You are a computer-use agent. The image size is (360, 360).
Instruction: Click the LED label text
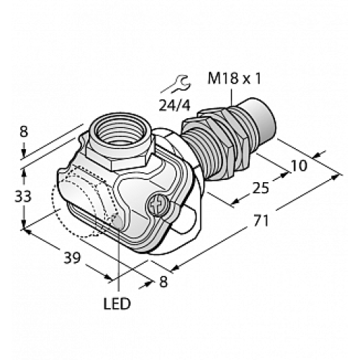tap(117, 305)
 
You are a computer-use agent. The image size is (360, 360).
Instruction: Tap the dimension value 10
tap(297, 165)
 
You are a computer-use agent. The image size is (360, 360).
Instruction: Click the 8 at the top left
tap(24, 132)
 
